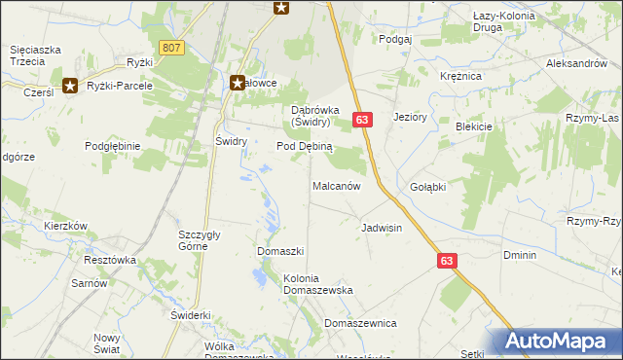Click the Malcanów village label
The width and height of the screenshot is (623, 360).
337,185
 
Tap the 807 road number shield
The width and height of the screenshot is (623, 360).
171,48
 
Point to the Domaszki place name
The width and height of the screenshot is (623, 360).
281,251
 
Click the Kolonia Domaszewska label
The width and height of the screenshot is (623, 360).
317,284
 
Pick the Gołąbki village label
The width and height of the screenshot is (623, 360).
427,187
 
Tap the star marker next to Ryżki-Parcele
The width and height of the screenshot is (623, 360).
70,86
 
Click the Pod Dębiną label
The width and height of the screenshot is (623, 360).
305,146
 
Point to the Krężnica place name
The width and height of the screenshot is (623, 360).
460,75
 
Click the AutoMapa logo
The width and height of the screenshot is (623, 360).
555,342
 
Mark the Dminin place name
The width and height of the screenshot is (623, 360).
520,255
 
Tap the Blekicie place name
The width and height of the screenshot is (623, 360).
474,127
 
